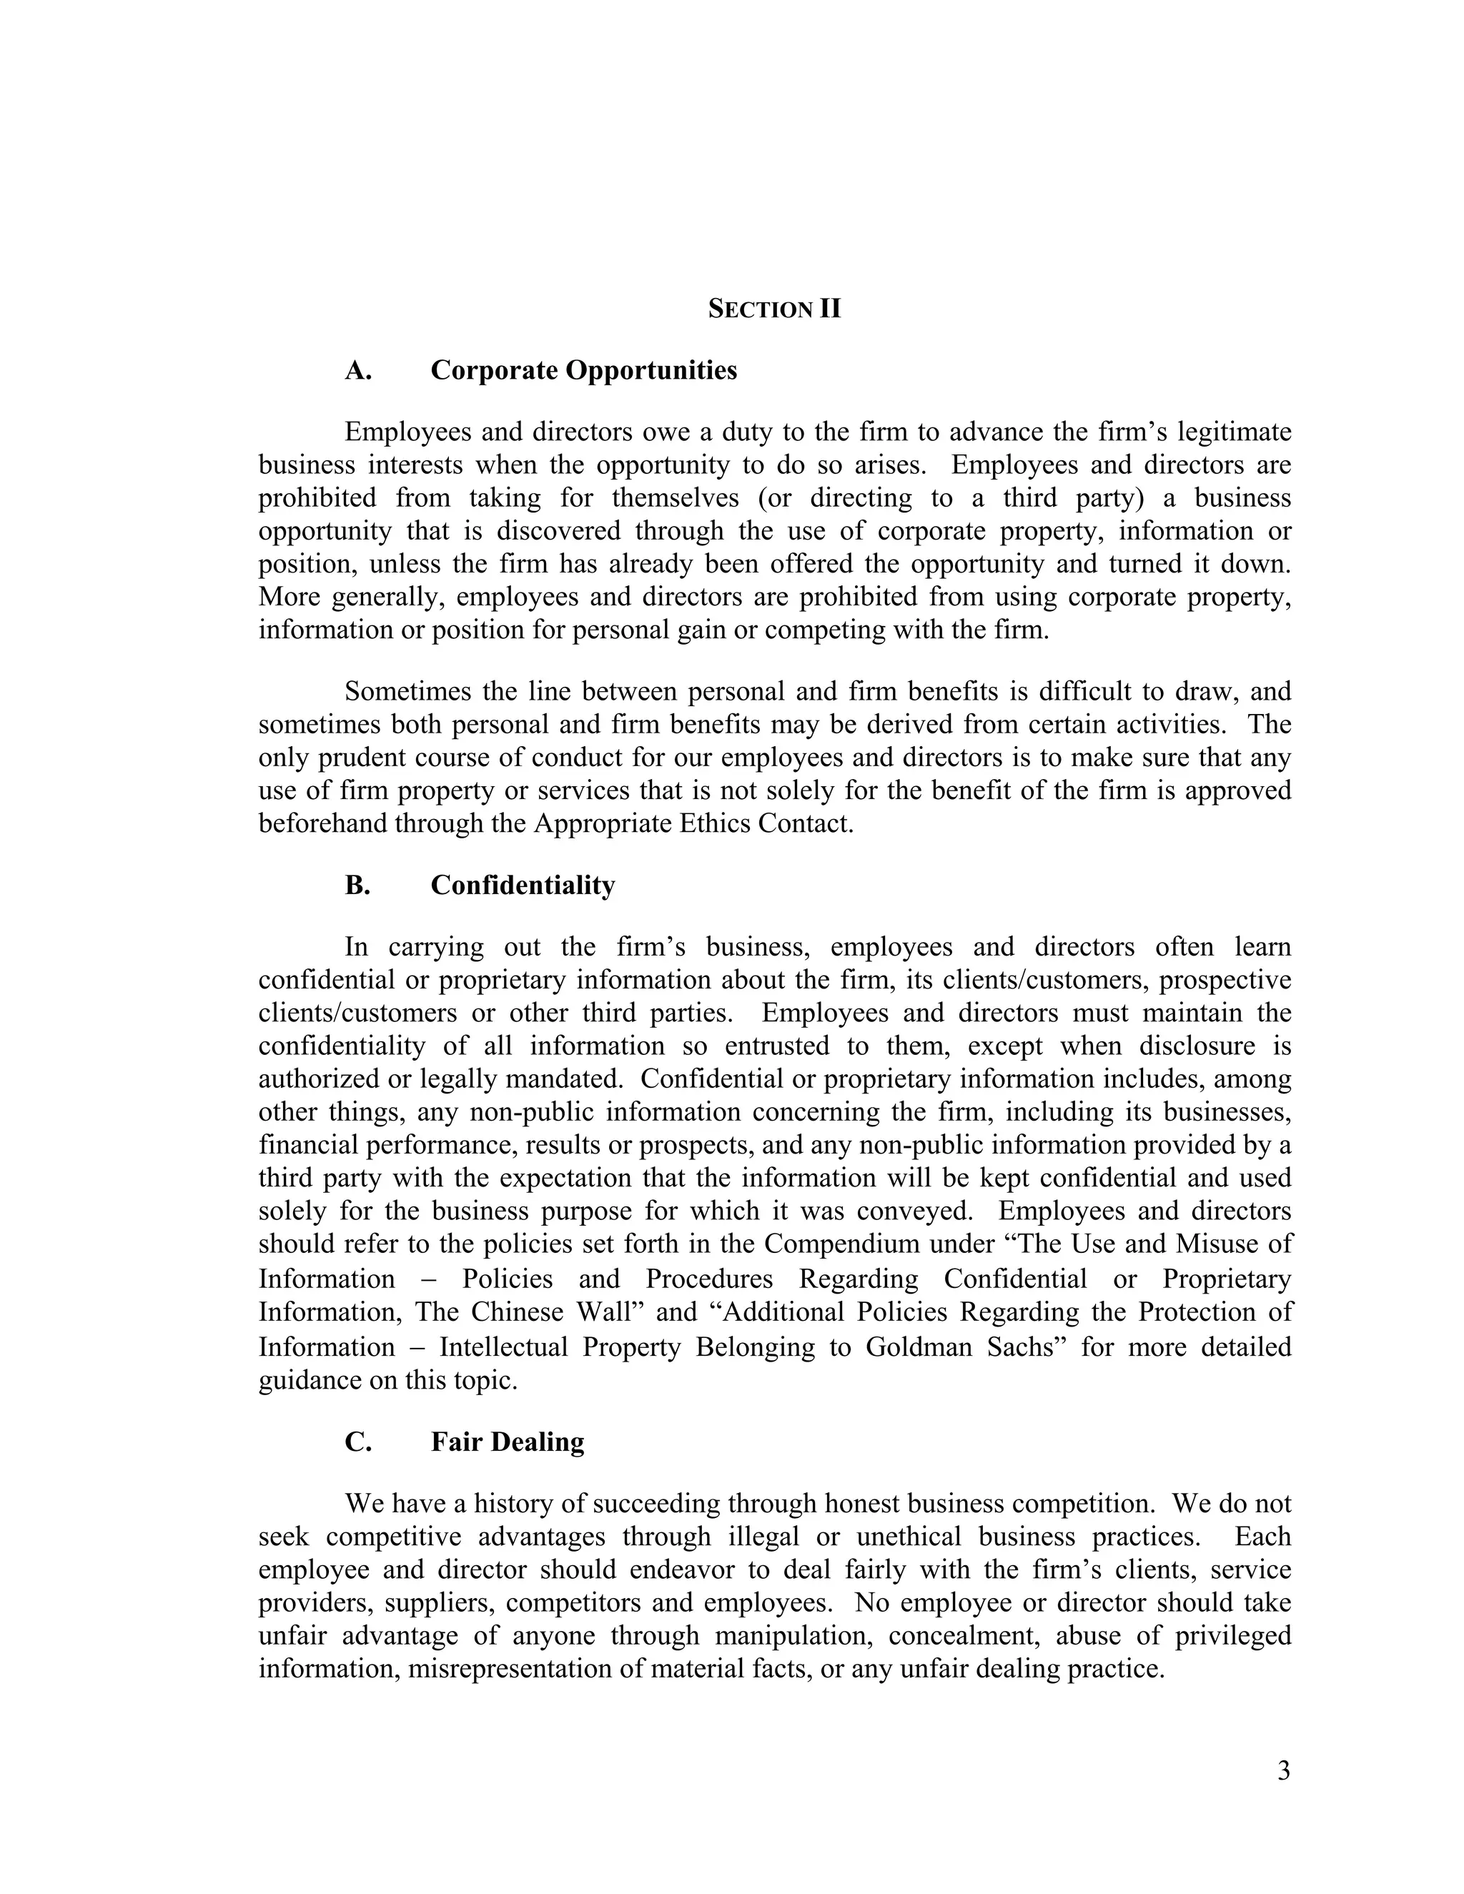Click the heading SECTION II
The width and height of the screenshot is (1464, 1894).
[773, 309]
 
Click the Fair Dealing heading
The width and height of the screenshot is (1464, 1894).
[508, 1442]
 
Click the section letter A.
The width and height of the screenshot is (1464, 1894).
[357, 370]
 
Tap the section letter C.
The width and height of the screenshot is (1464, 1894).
[357, 1442]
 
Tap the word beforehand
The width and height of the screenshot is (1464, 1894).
[322, 823]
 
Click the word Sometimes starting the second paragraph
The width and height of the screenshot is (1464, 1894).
[406, 691]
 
